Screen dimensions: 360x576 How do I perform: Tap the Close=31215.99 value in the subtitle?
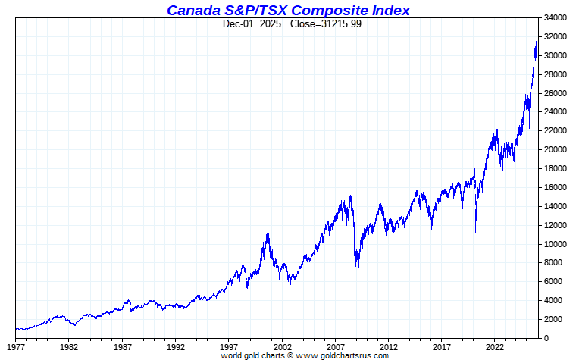(321, 24)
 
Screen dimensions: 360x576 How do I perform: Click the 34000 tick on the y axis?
(556, 17)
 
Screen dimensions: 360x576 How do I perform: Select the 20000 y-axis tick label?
(556, 149)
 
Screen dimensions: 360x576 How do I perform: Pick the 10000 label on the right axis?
(556, 244)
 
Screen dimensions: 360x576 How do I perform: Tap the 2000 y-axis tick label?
(554, 319)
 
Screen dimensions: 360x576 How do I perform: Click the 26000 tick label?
(556, 93)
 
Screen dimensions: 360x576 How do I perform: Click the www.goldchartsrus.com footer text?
(342, 355)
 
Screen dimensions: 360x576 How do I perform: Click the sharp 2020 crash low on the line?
(476, 232)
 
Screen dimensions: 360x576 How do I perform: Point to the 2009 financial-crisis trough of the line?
(358, 267)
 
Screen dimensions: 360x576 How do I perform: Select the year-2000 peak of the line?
(268, 231)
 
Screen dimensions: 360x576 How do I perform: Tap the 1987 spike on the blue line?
(127, 300)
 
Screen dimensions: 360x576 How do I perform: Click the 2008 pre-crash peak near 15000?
(350, 196)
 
